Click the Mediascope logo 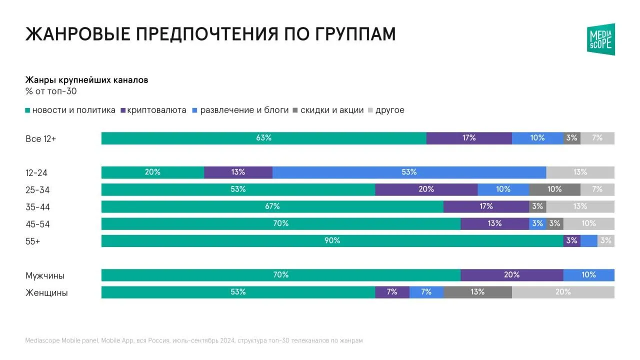click(x=601, y=39)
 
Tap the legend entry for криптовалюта click(x=153, y=110)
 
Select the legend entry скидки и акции click(x=328, y=110)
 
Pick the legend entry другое click(x=386, y=110)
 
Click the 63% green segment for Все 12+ click(x=264, y=138)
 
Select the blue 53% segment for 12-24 click(x=409, y=172)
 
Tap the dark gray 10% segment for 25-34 click(x=555, y=189)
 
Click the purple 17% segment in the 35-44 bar click(x=486, y=206)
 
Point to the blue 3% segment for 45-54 click(x=537, y=223)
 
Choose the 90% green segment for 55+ click(x=332, y=241)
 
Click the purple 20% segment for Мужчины click(x=512, y=275)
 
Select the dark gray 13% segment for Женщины click(x=477, y=292)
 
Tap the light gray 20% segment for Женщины click(x=563, y=292)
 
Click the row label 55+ click(x=33, y=241)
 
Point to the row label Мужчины click(x=45, y=275)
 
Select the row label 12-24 click(x=36, y=173)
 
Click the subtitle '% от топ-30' click(x=51, y=91)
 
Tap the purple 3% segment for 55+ click(x=572, y=241)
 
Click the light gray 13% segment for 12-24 click(x=580, y=172)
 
